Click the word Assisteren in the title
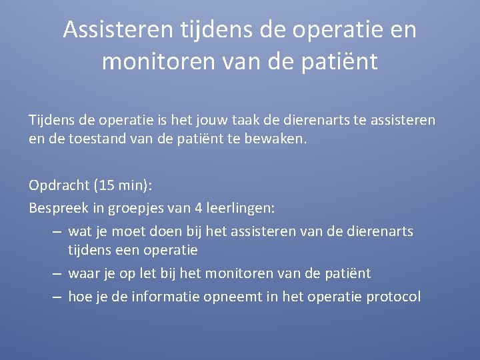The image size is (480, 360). (x=117, y=30)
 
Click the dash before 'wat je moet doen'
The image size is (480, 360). (x=56, y=231)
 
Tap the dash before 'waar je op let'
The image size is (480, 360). (x=56, y=273)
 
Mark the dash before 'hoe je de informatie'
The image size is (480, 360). (x=56, y=297)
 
